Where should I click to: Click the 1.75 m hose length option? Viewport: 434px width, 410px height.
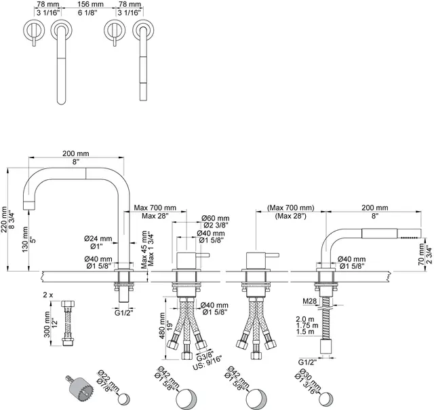[309, 325]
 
